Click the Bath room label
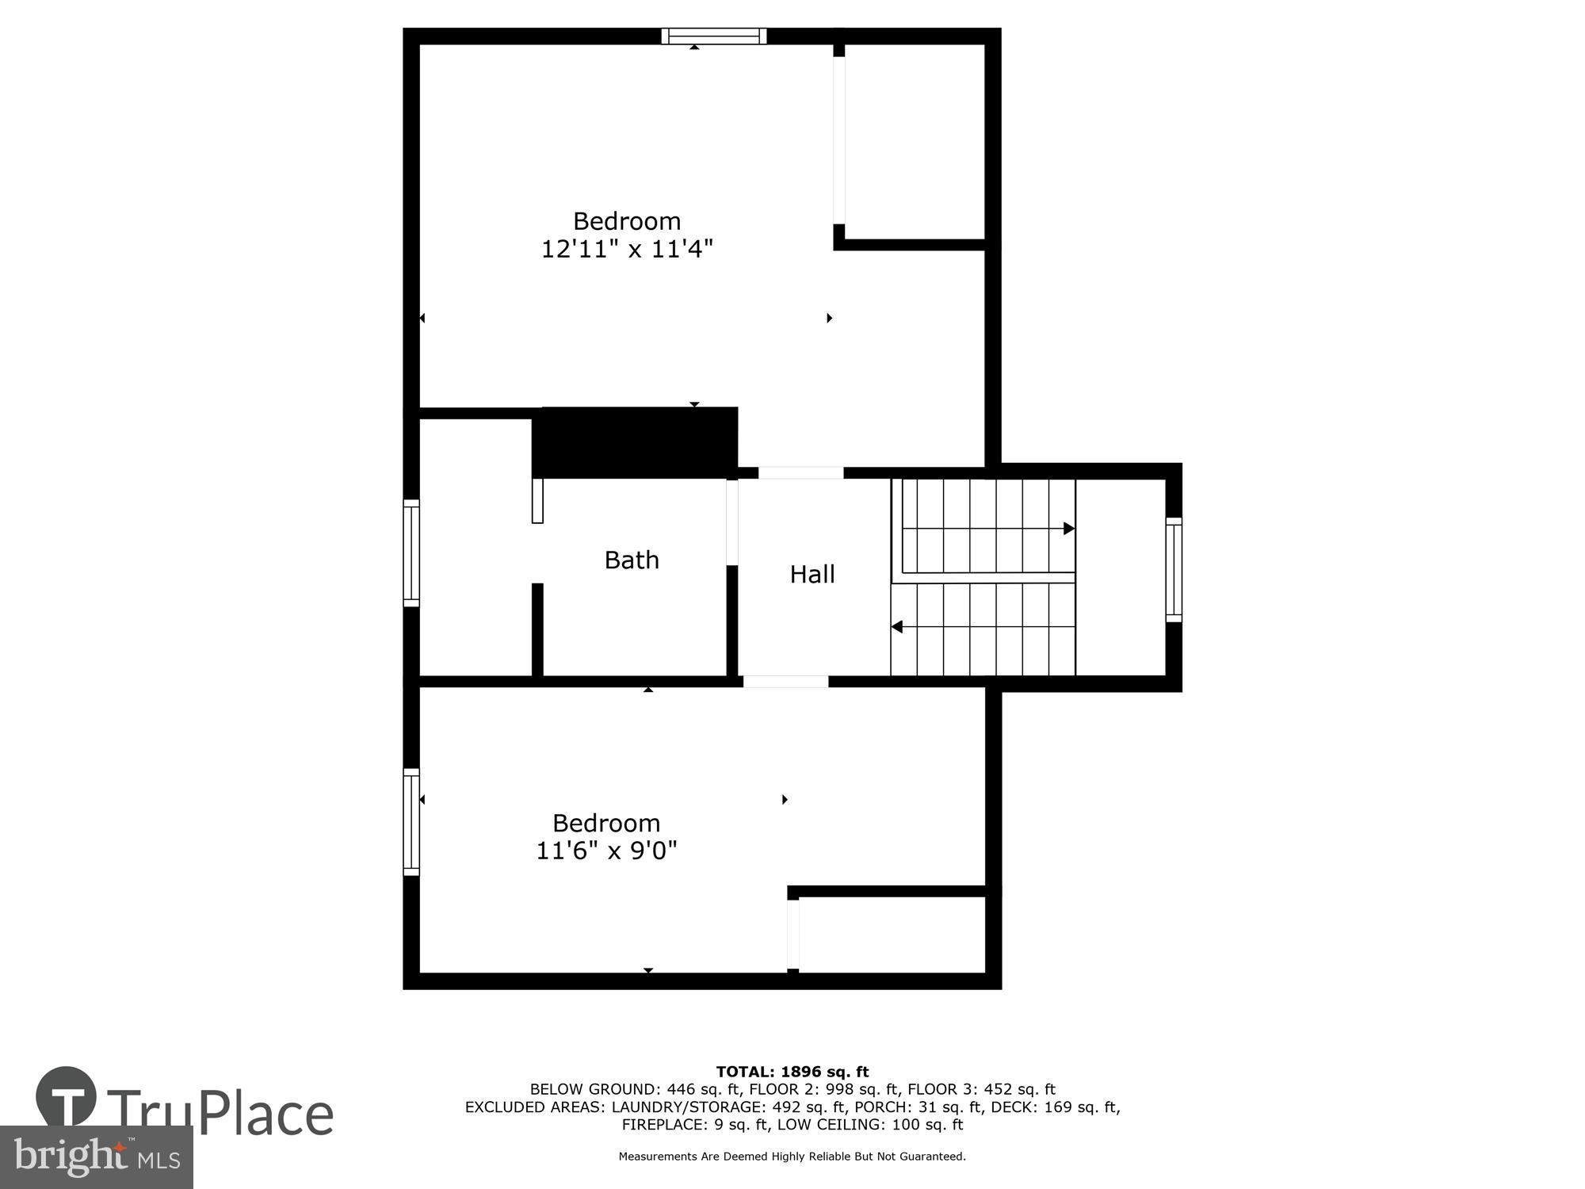631,560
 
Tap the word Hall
812,574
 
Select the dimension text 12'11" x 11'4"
626,249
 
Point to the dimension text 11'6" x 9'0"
606,851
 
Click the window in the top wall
713,36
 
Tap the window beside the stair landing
1173,569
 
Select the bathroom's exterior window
411,552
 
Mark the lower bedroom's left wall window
411,821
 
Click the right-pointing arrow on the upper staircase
1068,528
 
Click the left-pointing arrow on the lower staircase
897,627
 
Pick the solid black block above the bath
635,442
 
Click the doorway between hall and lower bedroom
785,682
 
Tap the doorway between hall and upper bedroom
800,472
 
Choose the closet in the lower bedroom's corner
891,934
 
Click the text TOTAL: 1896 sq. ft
792,1072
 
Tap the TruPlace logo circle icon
66,1097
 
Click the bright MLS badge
96,1157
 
